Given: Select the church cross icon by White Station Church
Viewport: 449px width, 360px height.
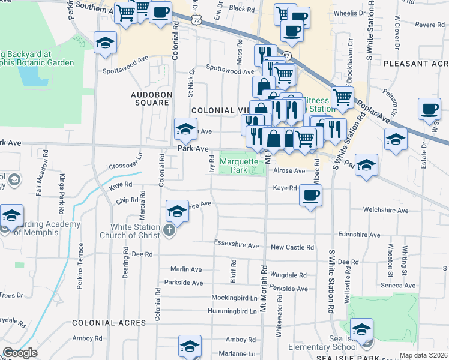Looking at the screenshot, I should click(170, 229).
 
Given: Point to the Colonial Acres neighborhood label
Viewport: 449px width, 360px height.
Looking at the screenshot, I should click(109, 322).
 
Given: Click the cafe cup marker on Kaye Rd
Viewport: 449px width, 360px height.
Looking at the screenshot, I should click(310, 196).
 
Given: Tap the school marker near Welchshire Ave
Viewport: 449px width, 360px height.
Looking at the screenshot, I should click(177, 211).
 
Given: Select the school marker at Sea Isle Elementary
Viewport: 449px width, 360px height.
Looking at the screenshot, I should click(361, 329).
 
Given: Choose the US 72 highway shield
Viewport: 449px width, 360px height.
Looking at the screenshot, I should click(196, 20).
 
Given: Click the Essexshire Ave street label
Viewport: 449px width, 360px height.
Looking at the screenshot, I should click(236, 245).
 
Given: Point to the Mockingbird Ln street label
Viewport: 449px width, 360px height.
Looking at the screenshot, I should click(234, 298).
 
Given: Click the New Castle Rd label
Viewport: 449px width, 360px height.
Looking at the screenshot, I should click(292, 247).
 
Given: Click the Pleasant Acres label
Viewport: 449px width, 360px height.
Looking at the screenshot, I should click(416, 64).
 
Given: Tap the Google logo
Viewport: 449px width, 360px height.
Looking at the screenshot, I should click(20, 352).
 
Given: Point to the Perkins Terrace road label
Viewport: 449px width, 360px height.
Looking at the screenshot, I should click(80, 266).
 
